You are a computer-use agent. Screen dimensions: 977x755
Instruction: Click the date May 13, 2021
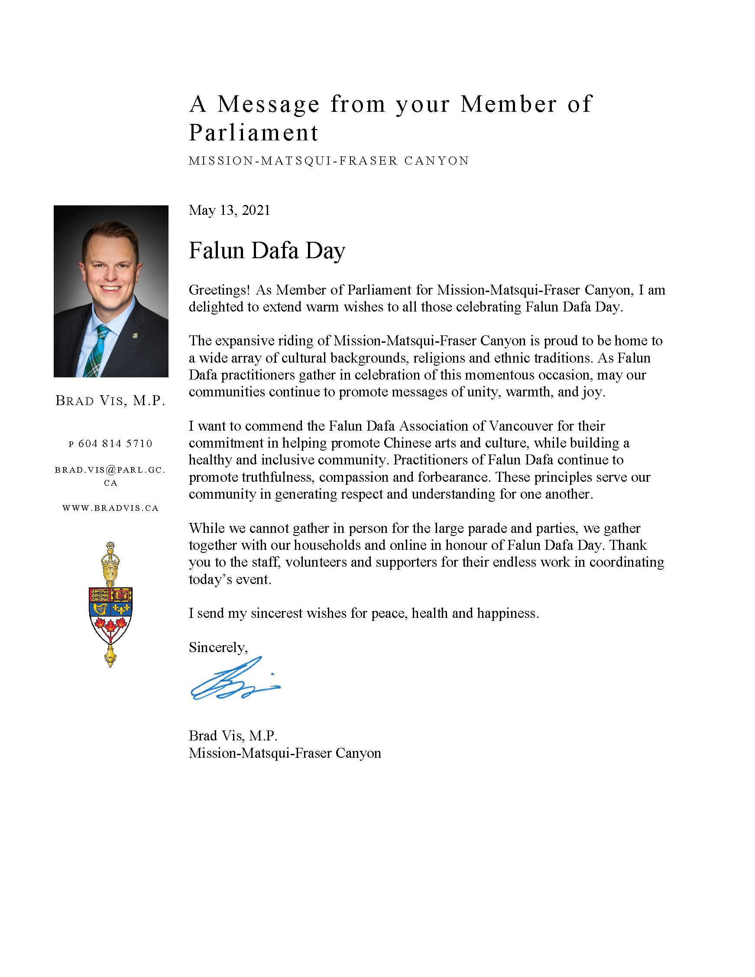click(x=229, y=210)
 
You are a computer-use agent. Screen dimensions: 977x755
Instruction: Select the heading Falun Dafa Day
click(x=266, y=250)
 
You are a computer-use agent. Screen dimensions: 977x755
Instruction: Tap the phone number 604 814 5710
click(x=115, y=444)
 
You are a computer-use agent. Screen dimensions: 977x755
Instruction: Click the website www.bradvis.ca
click(x=110, y=508)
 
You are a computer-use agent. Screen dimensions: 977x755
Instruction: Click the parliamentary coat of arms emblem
click(x=110, y=604)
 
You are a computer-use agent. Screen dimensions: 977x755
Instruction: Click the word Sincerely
click(x=218, y=647)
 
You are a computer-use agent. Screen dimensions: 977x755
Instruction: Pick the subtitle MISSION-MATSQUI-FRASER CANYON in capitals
click(x=329, y=161)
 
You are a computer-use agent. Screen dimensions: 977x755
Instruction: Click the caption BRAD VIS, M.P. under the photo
click(x=110, y=400)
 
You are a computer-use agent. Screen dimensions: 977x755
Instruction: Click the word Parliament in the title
click(x=253, y=133)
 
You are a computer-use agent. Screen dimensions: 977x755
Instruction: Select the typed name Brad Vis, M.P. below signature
click(x=233, y=736)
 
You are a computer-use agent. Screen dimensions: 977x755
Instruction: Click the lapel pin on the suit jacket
click(x=135, y=335)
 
